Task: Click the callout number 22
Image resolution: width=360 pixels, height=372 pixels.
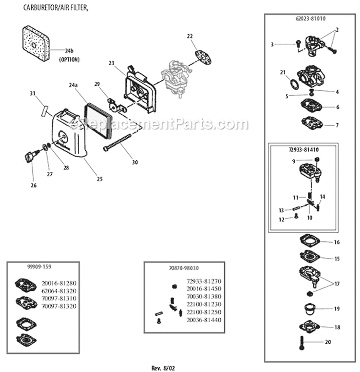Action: pyautogui.click(x=190, y=36)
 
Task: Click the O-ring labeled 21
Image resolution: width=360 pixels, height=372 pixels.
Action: pyautogui.click(x=292, y=84)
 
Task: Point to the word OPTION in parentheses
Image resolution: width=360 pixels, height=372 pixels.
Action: pyautogui.click(x=69, y=60)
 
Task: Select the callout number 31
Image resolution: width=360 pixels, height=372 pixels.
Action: pyautogui.click(x=33, y=93)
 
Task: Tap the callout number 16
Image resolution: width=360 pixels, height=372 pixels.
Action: pyautogui.click(x=336, y=242)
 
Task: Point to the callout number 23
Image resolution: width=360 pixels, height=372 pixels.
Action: pyautogui.click(x=111, y=63)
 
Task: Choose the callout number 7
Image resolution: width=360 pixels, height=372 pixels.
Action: pyautogui.click(x=336, y=125)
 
